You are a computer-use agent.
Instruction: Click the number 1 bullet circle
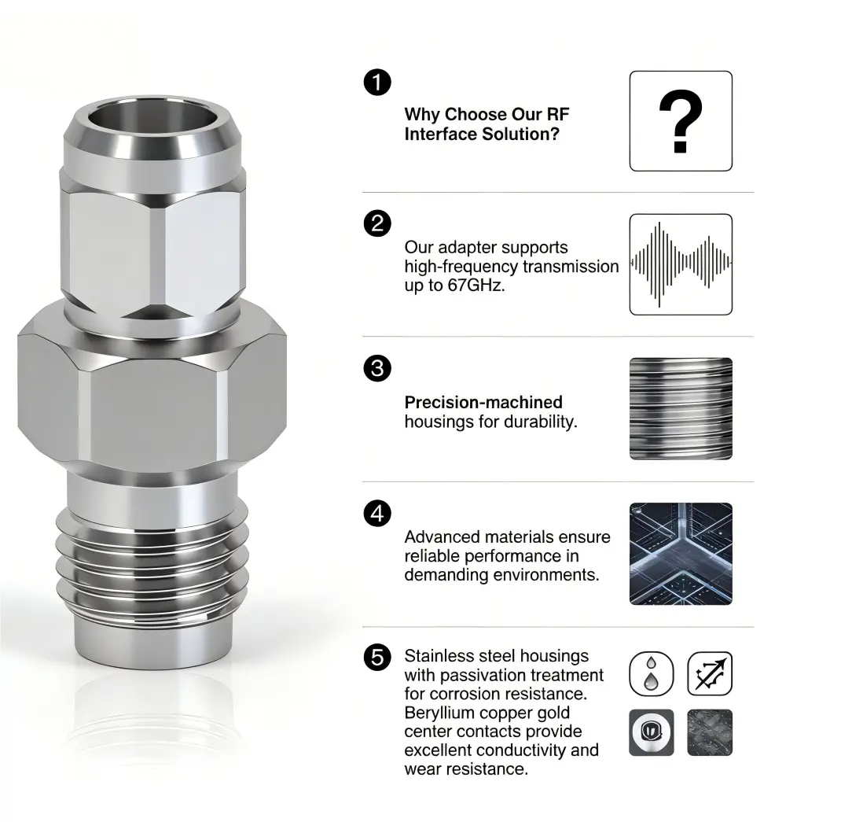pos(378,83)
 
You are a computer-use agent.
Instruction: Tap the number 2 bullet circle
pos(378,224)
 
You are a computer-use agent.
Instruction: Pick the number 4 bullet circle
pos(378,514)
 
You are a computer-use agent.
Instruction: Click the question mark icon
pos(681,121)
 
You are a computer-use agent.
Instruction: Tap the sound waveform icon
pos(681,264)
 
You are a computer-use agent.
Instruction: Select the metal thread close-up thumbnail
pos(681,409)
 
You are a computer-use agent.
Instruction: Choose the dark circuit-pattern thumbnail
pos(681,554)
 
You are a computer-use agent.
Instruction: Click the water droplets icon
pos(652,674)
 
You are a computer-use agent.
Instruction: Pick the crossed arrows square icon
pos(710,674)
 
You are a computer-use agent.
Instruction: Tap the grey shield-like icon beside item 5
pos(652,732)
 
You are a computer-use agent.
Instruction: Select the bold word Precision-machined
pos(483,403)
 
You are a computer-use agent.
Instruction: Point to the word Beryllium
pos(440,713)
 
